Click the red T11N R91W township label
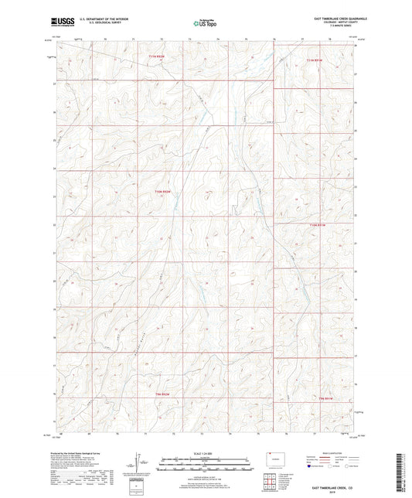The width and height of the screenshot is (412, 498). (318, 60)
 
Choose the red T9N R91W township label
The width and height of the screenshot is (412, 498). (326, 397)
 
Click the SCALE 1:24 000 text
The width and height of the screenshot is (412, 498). (206, 453)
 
